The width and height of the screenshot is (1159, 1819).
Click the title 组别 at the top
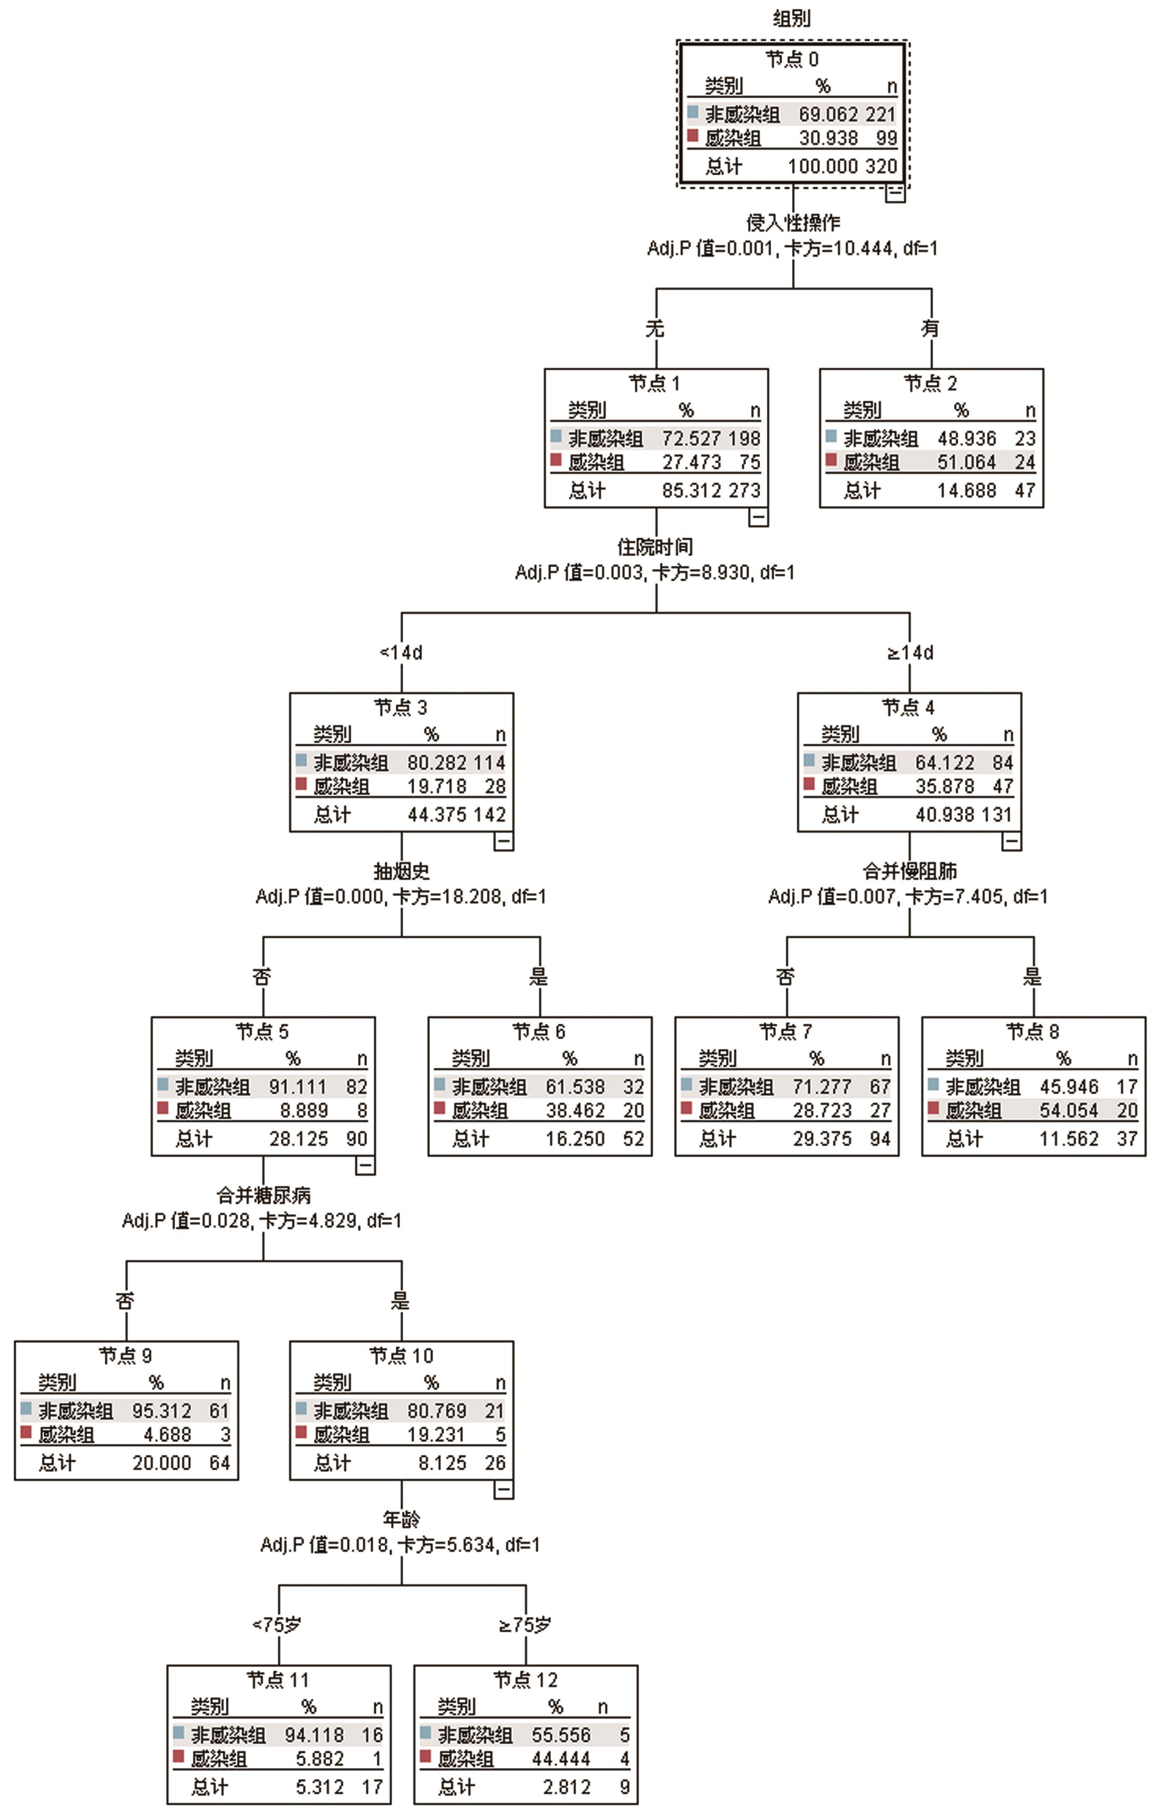click(791, 17)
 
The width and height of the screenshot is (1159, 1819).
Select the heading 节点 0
click(791, 59)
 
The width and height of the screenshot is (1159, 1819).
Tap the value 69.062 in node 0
click(828, 114)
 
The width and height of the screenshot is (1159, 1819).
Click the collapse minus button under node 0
click(895, 192)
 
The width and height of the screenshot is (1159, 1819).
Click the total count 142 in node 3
click(489, 814)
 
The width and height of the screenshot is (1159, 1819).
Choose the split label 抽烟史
click(401, 871)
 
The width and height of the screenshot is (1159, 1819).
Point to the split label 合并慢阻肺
click(909, 871)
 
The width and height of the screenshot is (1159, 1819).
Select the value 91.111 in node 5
click(298, 1086)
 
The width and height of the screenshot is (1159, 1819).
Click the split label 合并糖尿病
click(263, 1195)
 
